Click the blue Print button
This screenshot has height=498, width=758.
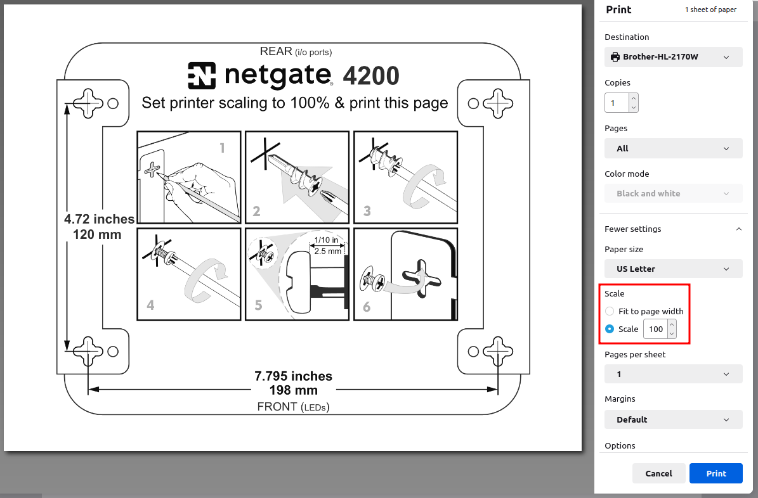(716, 473)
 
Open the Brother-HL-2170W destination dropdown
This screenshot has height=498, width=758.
(673, 57)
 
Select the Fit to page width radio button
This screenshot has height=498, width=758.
(610, 311)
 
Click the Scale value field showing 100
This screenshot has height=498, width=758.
(657, 329)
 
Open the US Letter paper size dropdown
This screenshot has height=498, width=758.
(673, 269)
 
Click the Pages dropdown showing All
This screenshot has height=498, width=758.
(673, 148)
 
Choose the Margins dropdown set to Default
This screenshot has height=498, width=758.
(673, 419)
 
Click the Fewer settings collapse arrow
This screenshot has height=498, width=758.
(739, 229)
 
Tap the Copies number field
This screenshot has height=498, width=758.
(617, 103)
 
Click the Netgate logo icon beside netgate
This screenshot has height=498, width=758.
(202, 75)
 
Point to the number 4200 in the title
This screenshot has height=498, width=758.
(371, 76)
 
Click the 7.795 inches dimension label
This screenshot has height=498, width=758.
(294, 376)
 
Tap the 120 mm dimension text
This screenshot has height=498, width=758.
(96, 235)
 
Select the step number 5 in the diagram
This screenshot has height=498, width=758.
(259, 305)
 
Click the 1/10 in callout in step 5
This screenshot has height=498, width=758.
(326, 240)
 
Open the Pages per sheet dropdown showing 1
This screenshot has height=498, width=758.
(673, 374)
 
